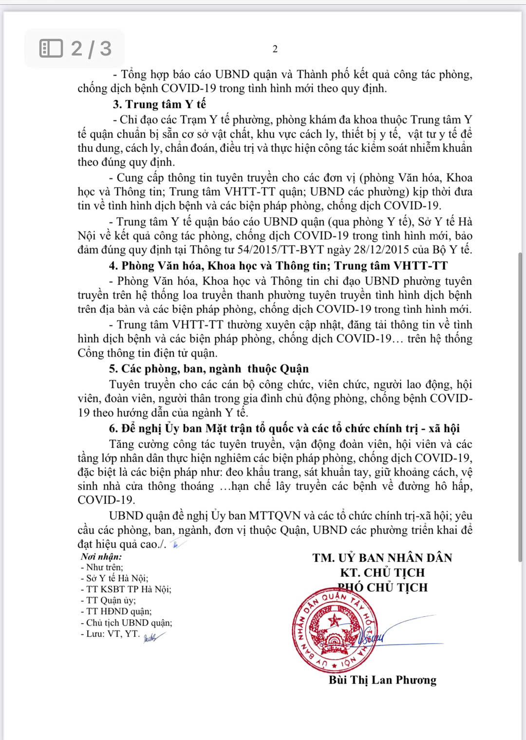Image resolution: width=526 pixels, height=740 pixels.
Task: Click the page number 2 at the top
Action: click(x=275, y=49)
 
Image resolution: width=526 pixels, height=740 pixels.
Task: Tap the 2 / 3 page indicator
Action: click(x=75, y=48)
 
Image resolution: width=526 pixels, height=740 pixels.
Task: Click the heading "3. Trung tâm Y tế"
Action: click(x=159, y=104)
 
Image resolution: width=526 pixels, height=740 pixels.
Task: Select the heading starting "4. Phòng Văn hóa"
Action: click(x=278, y=266)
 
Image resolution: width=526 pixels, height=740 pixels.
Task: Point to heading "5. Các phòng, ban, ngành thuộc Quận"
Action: click(x=208, y=369)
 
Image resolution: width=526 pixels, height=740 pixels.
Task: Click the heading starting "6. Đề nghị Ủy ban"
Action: click(x=284, y=428)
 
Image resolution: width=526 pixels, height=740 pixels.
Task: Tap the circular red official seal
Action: click(x=335, y=629)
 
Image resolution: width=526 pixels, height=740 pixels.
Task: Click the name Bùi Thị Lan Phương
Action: click(x=382, y=680)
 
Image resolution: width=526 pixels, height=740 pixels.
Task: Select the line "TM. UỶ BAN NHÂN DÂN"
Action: click(x=382, y=558)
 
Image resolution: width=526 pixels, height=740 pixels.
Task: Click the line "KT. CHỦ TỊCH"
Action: click(x=382, y=572)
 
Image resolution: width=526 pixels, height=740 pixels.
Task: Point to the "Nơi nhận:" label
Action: click(x=101, y=556)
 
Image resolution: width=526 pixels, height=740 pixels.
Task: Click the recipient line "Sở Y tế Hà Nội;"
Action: click(x=114, y=578)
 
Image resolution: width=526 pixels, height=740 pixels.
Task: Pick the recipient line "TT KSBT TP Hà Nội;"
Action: click(x=126, y=589)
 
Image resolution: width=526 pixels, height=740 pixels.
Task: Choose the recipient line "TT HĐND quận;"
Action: click(x=116, y=611)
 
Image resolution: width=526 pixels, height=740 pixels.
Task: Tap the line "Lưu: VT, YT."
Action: click(x=110, y=634)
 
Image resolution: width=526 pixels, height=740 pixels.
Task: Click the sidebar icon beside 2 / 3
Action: click(x=51, y=48)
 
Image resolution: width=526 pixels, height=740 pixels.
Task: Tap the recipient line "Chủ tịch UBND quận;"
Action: click(x=126, y=623)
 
